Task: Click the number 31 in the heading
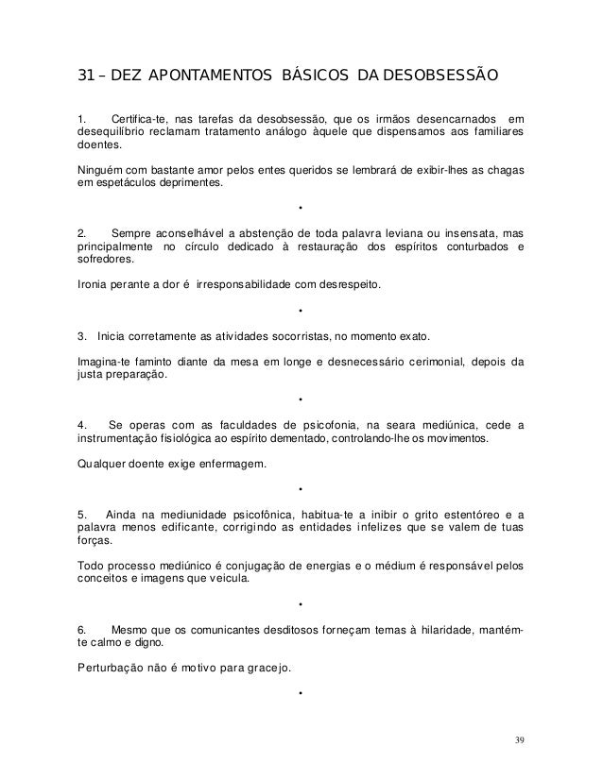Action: (85, 75)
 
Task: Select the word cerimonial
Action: (422, 360)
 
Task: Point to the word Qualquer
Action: (100, 463)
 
